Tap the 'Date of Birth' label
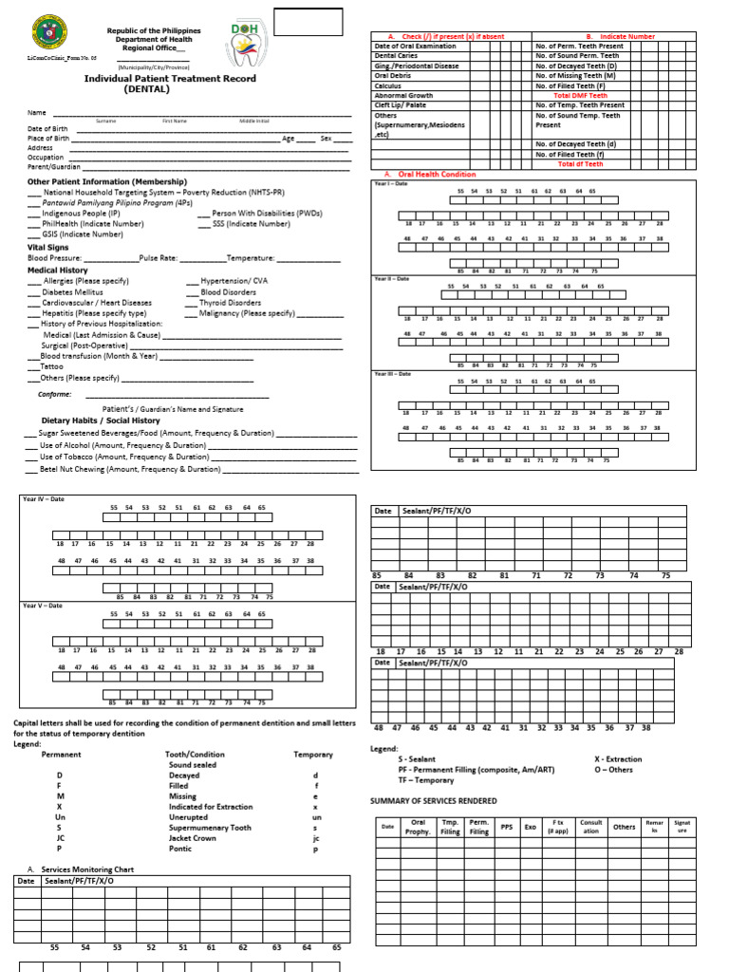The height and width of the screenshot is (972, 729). [47, 128]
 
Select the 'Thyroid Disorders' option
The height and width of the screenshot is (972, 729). [230, 303]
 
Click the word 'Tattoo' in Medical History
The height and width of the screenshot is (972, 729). [51, 365]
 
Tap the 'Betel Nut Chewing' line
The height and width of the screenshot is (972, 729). [129, 469]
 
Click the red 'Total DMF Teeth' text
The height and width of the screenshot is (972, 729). [580, 96]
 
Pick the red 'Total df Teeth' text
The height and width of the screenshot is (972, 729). [580, 164]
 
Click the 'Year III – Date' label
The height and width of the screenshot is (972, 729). [392, 374]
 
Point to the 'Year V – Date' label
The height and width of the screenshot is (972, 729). [43, 606]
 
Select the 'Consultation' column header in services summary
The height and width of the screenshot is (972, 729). [590, 827]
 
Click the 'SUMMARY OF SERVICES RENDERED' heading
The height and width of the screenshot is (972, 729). [433, 801]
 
